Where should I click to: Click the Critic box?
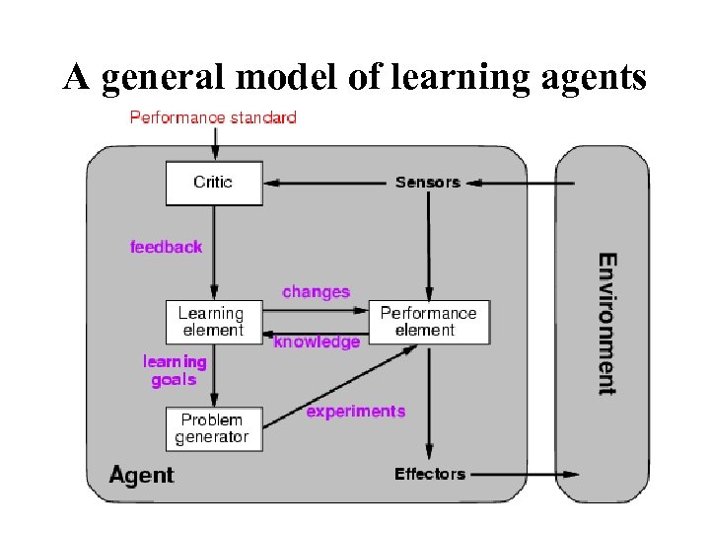pyautogui.click(x=213, y=184)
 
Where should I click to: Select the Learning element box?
pyautogui.click(x=213, y=322)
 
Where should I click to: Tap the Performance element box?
pyautogui.click(x=428, y=322)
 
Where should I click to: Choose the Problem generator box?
pyautogui.click(x=213, y=428)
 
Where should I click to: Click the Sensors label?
pyautogui.click(x=428, y=183)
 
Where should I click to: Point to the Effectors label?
pyautogui.click(x=429, y=474)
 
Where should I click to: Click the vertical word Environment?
pyautogui.click(x=607, y=324)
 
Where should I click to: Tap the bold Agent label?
pyautogui.click(x=141, y=475)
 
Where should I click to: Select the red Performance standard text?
pyautogui.click(x=213, y=117)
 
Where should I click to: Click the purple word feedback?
pyautogui.click(x=166, y=247)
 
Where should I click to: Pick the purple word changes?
pyautogui.click(x=316, y=292)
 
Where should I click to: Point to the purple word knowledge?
pyautogui.click(x=317, y=343)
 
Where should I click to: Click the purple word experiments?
pyautogui.click(x=355, y=412)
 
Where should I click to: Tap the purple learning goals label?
pyautogui.click(x=175, y=371)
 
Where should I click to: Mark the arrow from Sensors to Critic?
pyautogui.click(x=325, y=183)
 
